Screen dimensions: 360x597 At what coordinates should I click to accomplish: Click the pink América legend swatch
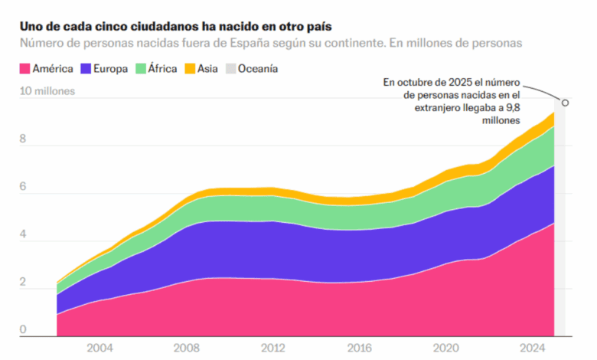pyautogui.click(x=24, y=69)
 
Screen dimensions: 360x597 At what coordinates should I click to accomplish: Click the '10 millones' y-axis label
pyautogui.click(x=47, y=91)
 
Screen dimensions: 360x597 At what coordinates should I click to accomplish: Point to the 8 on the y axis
pyautogui.click(x=23, y=139)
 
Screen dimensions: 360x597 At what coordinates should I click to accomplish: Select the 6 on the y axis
pyautogui.click(x=23, y=187)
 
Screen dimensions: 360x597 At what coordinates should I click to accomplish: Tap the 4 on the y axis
pyautogui.click(x=23, y=235)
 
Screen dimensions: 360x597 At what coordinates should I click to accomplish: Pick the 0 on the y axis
pyautogui.click(x=23, y=330)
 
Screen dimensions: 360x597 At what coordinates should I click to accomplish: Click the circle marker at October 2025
pyautogui.click(x=566, y=103)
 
